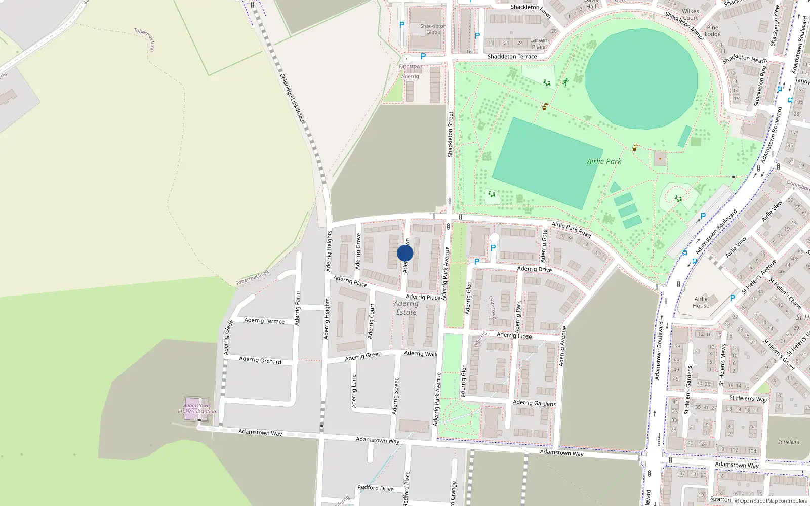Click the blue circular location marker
[x=405, y=253]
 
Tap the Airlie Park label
[x=604, y=161]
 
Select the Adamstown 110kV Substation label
[x=196, y=408]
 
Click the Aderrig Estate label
[x=406, y=308]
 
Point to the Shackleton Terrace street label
[x=512, y=57]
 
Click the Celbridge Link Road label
[x=293, y=98]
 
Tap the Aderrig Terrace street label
[x=264, y=321]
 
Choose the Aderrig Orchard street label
[x=260, y=360]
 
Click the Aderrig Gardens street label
[x=534, y=403]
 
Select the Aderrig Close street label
[x=514, y=335]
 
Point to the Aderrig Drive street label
[x=534, y=269]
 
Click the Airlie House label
[x=701, y=302]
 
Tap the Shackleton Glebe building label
[x=433, y=29]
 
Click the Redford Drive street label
[x=375, y=488]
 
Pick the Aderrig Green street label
[x=363, y=356]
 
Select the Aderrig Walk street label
[x=421, y=354]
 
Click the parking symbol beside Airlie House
[x=732, y=299]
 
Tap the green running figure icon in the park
[x=565, y=82]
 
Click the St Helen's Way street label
[x=748, y=399]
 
